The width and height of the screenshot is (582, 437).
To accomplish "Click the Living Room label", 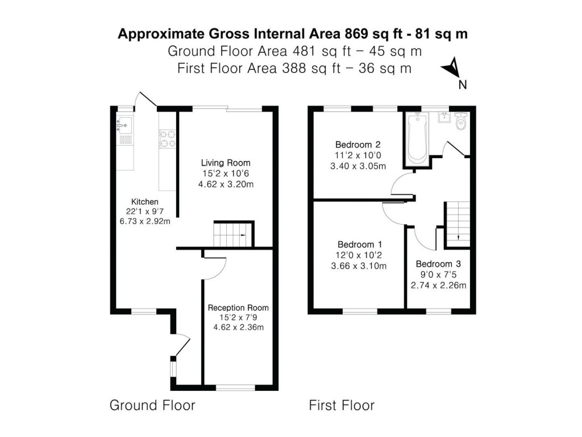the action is coord(226,163).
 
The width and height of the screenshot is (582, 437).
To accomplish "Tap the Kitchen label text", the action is coord(145,202).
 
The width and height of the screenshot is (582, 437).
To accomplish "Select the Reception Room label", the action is coord(238,308).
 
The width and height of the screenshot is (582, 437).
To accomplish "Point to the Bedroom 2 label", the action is coord(358,145).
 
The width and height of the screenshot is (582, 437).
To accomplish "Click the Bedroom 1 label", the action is coord(360,245).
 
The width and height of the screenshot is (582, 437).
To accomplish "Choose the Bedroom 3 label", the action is coord(438,264).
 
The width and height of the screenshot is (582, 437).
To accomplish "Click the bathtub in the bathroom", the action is coord(418,139).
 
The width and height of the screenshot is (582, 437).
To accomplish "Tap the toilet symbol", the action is coord(460,121).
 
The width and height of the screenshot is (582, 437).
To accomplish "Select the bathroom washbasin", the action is coord(444,117).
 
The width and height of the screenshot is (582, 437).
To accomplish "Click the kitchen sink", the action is coord(124,125).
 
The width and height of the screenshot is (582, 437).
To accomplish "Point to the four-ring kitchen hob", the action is coord(167,139).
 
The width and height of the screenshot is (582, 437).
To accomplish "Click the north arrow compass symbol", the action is coord(450,67).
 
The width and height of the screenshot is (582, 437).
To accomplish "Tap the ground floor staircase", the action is coord(232,234).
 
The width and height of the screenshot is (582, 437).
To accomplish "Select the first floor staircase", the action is coord(458,224).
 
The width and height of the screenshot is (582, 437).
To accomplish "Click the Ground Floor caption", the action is coord(152,405).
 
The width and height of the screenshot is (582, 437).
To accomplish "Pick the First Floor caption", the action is coord(342,405).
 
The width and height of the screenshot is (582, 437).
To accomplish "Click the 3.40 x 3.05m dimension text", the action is coord(358,166).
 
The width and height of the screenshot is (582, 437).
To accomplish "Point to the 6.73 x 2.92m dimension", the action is coord(145,221).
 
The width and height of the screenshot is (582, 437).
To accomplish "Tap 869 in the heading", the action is coord(357,34).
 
